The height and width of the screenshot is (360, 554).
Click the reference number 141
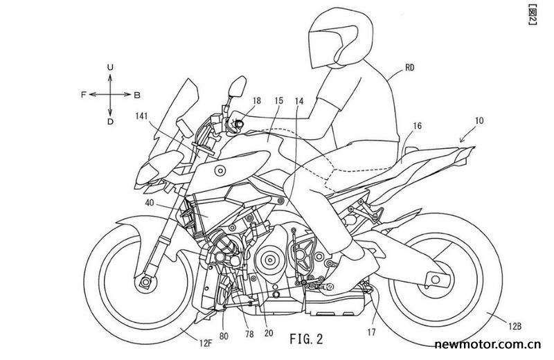(141, 116)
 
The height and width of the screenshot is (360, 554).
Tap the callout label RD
(409, 67)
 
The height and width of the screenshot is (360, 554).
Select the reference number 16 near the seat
(418, 126)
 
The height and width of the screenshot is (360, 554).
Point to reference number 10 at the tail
(479, 120)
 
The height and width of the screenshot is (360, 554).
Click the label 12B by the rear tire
(515, 327)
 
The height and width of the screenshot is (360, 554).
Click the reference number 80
(224, 336)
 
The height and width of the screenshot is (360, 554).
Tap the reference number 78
(249, 334)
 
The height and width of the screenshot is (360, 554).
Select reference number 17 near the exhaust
(371, 332)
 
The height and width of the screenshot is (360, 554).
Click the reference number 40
(150, 203)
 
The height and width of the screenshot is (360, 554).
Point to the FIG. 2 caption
(306, 339)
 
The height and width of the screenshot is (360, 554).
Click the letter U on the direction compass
(110, 67)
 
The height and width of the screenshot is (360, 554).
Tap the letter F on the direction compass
(84, 95)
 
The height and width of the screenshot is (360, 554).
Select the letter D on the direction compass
(110, 122)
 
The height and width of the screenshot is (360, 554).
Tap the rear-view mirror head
(237, 87)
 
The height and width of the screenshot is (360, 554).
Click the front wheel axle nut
(145, 282)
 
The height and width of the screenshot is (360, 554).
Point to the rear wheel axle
(436, 280)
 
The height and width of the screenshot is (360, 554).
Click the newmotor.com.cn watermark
(488, 344)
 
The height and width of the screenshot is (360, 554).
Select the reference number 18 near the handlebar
(256, 100)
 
